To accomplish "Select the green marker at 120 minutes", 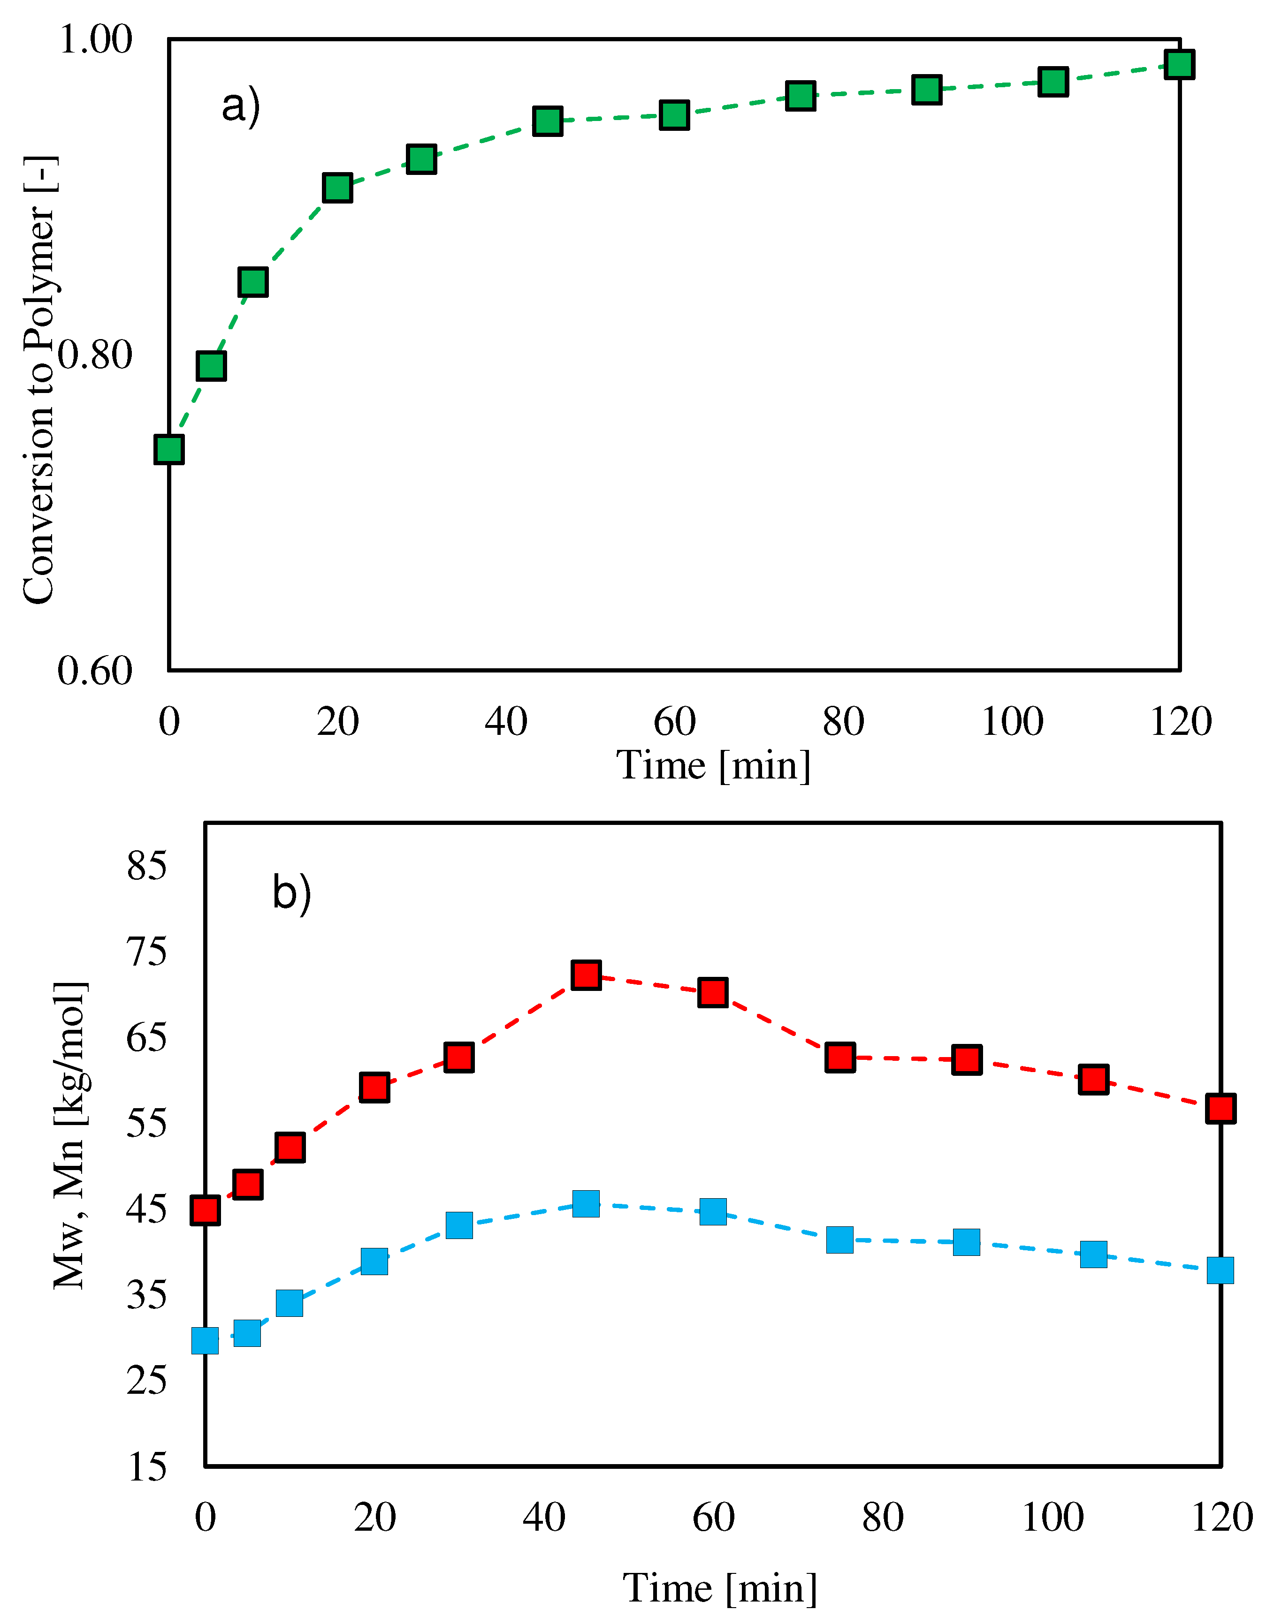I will tap(1179, 64).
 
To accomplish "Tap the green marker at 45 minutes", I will tap(548, 121).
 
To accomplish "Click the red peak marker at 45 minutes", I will tap(586, 975).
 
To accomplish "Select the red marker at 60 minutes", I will tap(713, 992).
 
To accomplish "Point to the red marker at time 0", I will tap(205, 1210).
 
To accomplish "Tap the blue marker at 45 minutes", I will tap(586, 1203).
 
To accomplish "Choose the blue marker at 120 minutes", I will tap(1221, 1269).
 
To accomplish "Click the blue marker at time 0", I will tap(205, 1340).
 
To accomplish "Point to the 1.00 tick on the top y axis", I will tap(95, 39).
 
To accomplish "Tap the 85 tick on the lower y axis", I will tap(147, 866).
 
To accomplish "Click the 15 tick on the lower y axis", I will tap(147, 1467).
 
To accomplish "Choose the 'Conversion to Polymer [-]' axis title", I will tap(39, 380).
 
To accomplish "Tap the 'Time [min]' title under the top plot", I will tap(713, 766).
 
